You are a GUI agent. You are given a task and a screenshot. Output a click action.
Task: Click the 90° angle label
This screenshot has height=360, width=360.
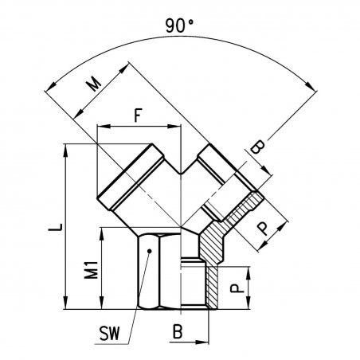click(x=179, y=25)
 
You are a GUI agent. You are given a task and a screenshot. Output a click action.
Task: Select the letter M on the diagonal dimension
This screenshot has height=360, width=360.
click(x=94, y=84)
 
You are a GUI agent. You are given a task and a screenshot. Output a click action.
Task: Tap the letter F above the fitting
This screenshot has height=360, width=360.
click(x=137, y=115)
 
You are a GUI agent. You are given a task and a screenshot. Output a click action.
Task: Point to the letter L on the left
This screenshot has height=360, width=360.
click(x=56, y=227)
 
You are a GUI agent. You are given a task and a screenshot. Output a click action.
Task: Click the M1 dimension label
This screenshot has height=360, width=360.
click(x=91, y=270)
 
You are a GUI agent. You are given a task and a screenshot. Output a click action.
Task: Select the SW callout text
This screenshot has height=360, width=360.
click(x=109, y=334)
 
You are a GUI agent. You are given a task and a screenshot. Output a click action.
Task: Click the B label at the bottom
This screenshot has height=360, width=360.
click(x=178, y=331)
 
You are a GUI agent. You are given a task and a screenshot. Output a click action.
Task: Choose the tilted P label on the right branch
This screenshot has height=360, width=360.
click(x=264, y=229)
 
